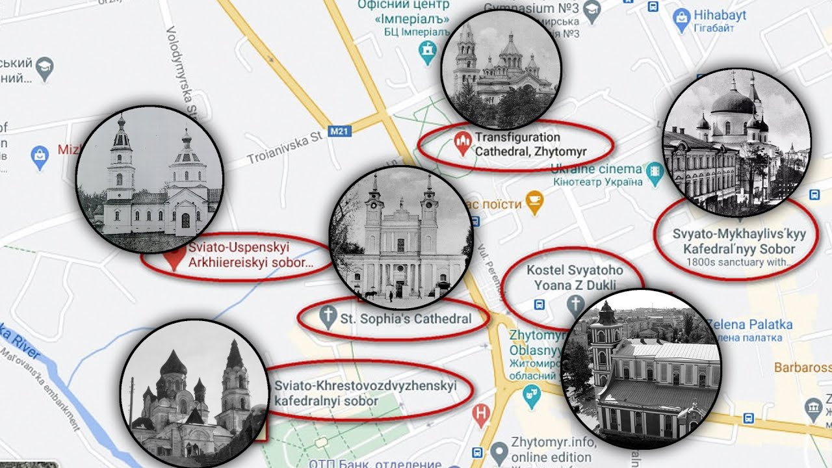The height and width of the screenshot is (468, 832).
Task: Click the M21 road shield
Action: pos(339,132)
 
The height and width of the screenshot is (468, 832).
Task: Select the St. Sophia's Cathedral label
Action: pos(406,318)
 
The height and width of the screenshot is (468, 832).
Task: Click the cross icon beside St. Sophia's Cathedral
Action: pos(329,318)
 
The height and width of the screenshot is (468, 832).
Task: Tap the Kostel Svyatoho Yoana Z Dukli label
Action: pos(575,278)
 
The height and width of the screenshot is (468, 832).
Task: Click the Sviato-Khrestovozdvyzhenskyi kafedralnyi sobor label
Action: pos(365,393)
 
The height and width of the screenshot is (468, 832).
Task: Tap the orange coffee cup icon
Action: pos(534,203)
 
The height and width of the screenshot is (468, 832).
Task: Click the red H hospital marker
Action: pos(481,414)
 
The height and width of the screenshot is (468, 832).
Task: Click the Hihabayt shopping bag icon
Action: pos(681,20)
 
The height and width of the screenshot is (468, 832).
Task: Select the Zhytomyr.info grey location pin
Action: pos(499,451)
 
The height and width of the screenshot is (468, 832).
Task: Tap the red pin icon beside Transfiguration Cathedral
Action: pos(462,144)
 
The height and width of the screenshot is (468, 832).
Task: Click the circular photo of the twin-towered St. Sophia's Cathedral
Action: pos(400,237)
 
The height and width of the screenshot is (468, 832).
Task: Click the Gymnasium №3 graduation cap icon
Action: pos(591,10)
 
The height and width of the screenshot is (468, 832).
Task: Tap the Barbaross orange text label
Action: pos(802,367)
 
